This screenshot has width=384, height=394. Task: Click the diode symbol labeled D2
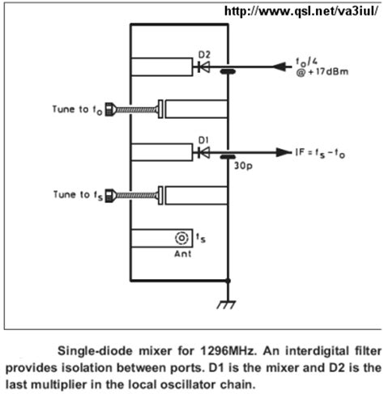point(203,68)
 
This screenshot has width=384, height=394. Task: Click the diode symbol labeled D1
point(203,151)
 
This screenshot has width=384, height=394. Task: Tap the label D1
point(203,139)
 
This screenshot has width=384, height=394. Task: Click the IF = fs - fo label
point(328,152)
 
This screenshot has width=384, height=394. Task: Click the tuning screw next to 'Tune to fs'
point(134,194)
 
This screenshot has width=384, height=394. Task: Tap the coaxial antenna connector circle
point(181,238)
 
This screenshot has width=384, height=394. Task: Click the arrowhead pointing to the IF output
point(283,152)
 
